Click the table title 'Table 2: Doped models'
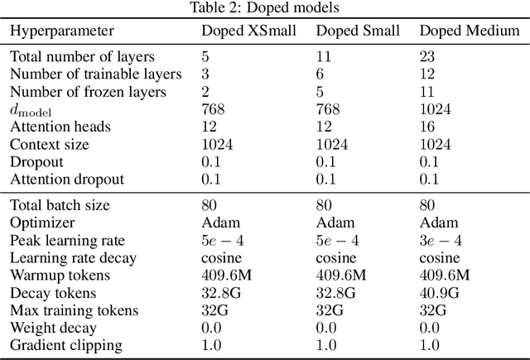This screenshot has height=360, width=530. [264, 7]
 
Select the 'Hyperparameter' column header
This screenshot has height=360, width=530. [63, 31]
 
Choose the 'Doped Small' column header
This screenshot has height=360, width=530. [359, 31]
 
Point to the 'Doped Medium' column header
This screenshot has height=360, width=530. [470, 31]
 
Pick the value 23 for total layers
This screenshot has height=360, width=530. [428, 57]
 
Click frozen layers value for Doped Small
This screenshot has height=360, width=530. [320, 92]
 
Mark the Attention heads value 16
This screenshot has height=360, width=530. [428, 127]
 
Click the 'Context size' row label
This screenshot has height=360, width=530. [52, 145]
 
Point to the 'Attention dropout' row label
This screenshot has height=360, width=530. [67, 180]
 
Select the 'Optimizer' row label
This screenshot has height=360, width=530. [41, 223]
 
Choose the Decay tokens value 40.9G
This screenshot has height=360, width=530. [440, 292]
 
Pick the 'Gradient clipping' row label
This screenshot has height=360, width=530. [66, 344]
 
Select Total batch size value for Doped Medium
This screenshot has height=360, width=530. [428, 205]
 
